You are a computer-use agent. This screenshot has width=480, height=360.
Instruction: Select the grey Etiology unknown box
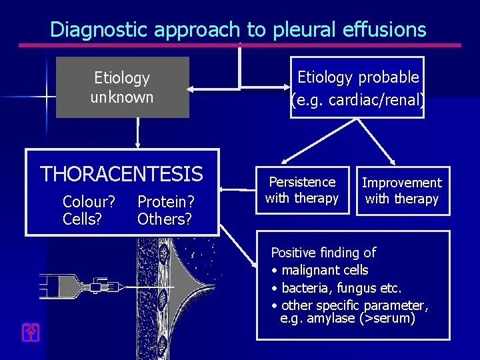tap(122, 87)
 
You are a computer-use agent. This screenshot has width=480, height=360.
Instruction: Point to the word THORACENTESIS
tap(122, 175)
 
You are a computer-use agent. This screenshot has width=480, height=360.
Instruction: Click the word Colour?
tap(89, 201)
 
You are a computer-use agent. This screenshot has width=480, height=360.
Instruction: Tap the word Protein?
tap(166, 201)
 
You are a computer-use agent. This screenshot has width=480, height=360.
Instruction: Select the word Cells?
tap(83, 218)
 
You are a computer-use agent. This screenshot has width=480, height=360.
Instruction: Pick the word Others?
tap(165, 218)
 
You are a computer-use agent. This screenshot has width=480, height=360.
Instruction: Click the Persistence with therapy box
tap(302, 190)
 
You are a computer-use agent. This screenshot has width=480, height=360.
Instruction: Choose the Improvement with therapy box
tap(402, 191)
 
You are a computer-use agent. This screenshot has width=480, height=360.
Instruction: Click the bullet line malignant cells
tap(325, 270)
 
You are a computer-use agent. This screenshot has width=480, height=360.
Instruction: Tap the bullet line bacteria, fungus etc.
tap(341, 288)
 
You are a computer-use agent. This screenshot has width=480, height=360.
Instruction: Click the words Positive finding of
tap(323, 253)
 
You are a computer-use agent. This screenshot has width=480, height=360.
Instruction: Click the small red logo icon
tap(29, 332)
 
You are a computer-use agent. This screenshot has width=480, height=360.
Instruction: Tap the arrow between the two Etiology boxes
tap(213, 87)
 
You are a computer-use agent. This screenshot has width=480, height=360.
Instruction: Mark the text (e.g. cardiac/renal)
tap(357, 101)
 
